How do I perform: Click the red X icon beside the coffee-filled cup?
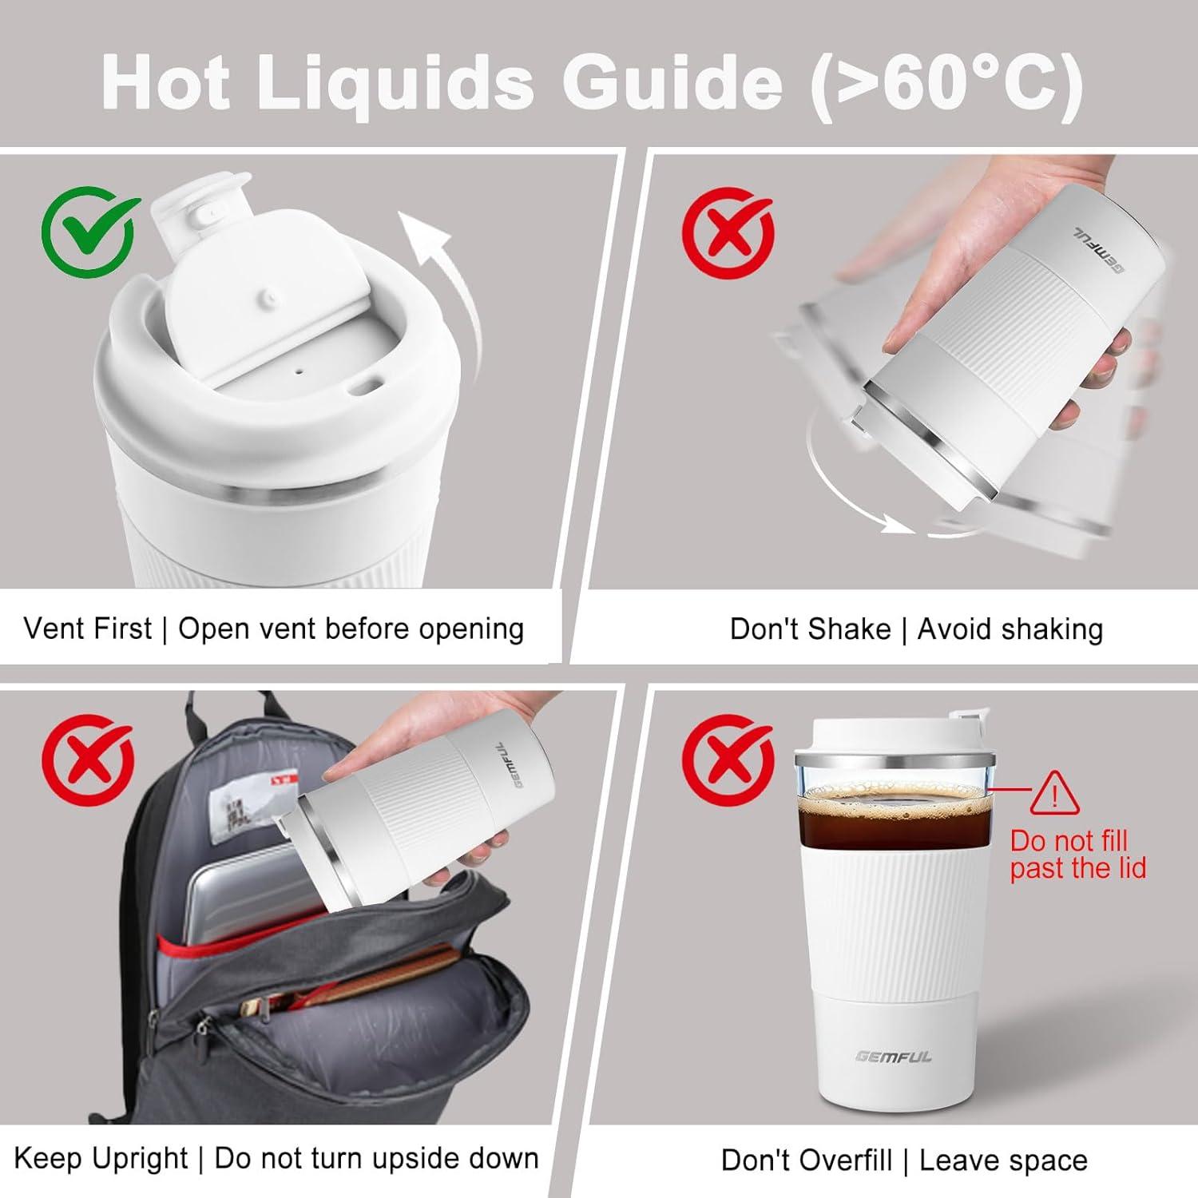coord(728,760)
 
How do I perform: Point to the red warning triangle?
coord(1054,795)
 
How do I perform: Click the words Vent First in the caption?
coord(87,629)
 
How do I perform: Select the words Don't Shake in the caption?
coord(810,629)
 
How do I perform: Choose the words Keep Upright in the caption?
coord(101,1158)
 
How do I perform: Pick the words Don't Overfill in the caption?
coord(806,1160)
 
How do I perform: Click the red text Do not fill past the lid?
coord(1077,855)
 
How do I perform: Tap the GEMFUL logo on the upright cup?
coord(894,1057)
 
